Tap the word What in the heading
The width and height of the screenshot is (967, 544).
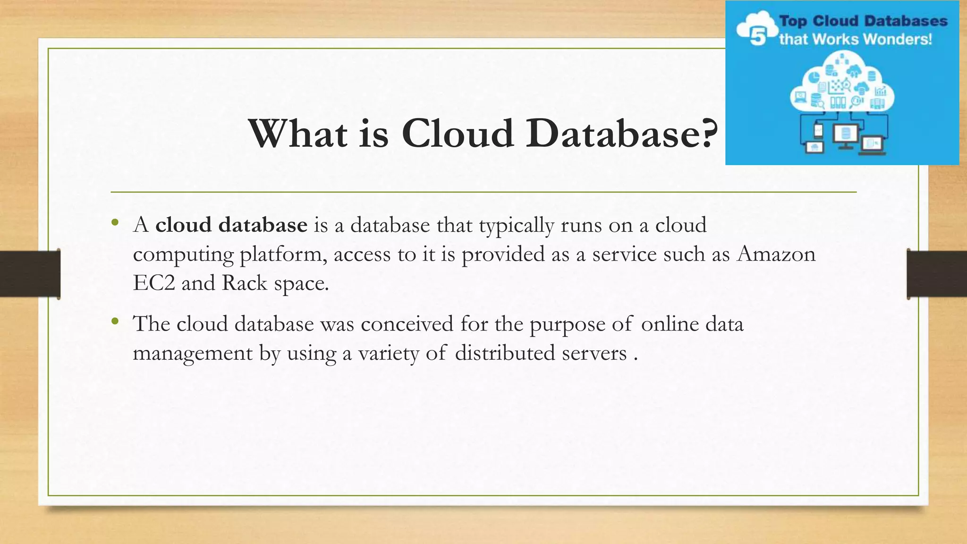pyautogui.click(x=298, y=134)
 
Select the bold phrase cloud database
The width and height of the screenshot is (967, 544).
pyautogui.click(x=231, y=225)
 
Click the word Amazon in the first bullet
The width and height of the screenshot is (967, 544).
pyautogui.click(x=776, y=254)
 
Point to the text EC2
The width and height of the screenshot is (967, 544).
pyautogui.click(x=154, y=283)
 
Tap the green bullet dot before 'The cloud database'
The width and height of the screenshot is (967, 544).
pyautogui.click(x=115, y=322)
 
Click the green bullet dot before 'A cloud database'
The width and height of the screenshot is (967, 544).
pyautogui.click(x=115, y=223)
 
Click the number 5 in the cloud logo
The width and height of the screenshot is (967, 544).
pyautogui.click(x=757, y=36)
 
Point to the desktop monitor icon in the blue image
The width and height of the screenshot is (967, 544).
pyautogui.click(x=845, y=135)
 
